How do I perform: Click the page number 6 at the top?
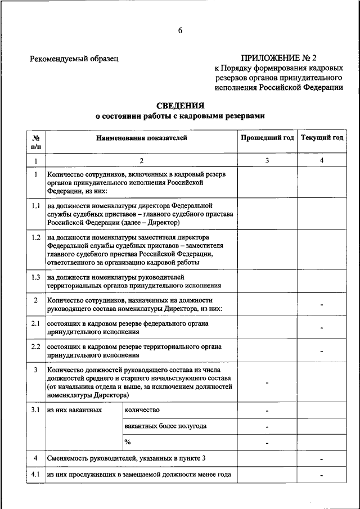180,30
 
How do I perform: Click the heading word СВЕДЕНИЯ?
179,105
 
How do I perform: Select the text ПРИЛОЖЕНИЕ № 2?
279,58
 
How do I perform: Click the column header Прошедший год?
267,138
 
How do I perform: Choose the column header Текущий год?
322,138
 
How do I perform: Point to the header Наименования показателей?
141,138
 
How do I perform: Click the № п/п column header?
35,142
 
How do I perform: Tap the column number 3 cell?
267,161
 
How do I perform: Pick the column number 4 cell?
322,161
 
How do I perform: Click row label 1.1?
35,206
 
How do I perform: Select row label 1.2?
35,237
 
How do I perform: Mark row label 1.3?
35,277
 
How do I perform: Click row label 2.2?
35,346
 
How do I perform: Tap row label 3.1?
35,409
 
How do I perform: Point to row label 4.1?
35,474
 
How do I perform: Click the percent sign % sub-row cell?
128,442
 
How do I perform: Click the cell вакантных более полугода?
165,426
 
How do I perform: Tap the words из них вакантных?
74,409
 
